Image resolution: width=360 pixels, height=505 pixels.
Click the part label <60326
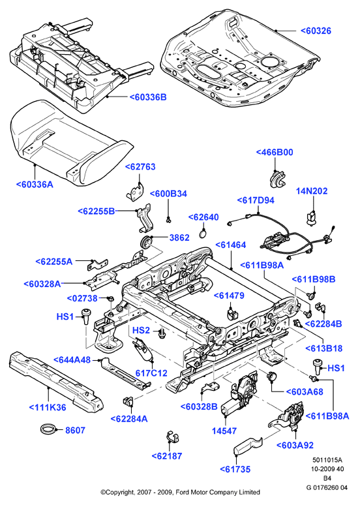[316, 31]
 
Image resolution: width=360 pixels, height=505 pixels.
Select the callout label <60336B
[148, 97]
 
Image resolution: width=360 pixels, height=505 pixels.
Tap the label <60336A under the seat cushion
[35, 185]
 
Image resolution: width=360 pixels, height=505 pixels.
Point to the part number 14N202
[312, 191]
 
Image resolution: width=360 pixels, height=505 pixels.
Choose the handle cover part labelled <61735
[247, 446]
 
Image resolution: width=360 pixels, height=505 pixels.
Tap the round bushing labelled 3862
[147, 242]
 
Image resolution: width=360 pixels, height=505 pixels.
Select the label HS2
[142, 330]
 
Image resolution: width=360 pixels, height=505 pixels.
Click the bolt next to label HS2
[162, 333]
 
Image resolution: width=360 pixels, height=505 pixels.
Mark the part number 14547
[224, 431]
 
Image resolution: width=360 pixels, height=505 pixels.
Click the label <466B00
[275, 152]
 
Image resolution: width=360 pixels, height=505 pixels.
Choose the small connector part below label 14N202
[310, 217]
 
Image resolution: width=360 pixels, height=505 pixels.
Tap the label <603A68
[305, 391]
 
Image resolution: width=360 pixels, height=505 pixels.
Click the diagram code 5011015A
[327, 460]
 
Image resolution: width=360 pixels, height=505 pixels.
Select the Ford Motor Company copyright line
[180, 492]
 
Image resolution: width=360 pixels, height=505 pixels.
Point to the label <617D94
[256, 200]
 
